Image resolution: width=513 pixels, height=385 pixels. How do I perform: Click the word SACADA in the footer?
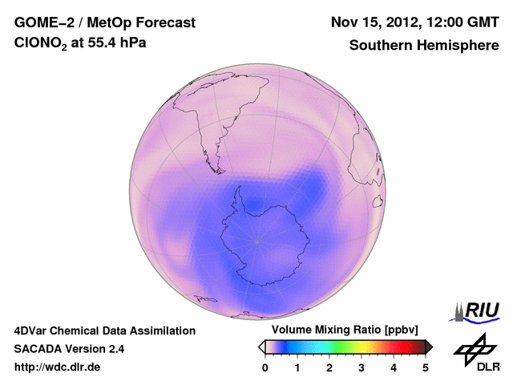[38, 349]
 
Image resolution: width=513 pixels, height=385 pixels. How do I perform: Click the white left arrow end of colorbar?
[261, 346]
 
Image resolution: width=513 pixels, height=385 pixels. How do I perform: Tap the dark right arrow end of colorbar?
[429, 346]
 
